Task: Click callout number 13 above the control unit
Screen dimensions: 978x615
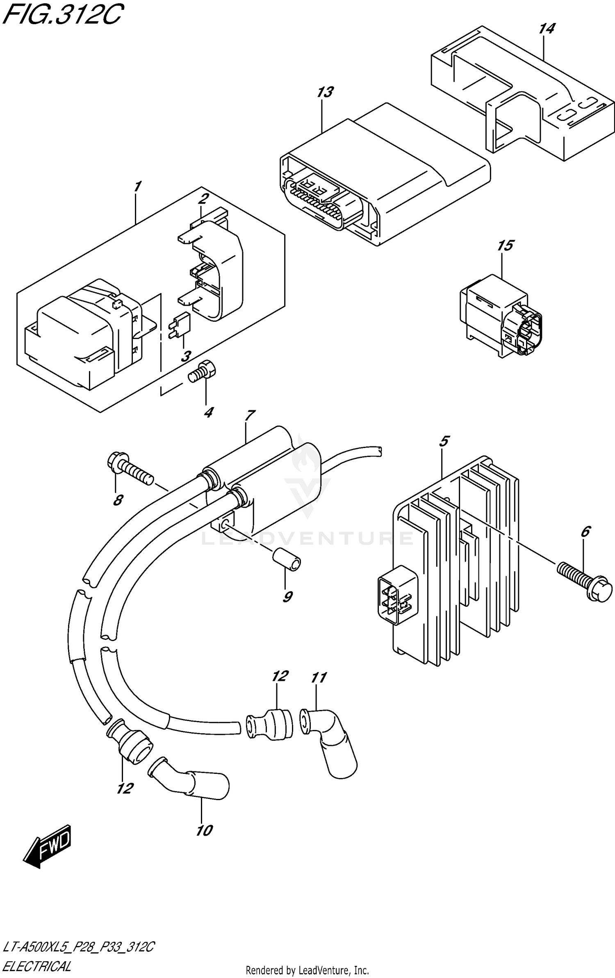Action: click(325, 92)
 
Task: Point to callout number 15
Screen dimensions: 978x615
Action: click(505, 246)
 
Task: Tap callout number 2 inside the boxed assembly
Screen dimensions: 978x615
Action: click(203, 199)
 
